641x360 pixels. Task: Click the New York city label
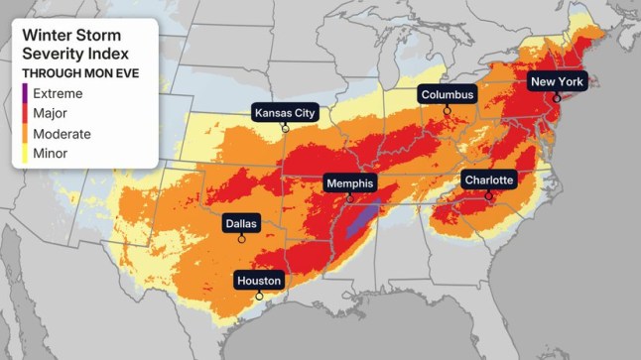click(x=557, y=81)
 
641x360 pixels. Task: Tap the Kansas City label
click(x=285, y=113)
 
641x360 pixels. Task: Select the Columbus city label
click(x=448, y=95)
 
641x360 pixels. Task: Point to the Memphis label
click(x=350, y=183)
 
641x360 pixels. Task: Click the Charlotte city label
click(x=488, y=180)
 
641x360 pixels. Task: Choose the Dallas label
click(x=241, y=224)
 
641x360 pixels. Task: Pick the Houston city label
click(x=260, y=281)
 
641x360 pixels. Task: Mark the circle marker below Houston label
click(x=260, y=296)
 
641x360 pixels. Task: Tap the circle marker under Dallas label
click(x=241, y=239)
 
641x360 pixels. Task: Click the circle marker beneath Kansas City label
click(x=285, y=128)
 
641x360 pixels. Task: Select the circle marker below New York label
click(x=557, y=97)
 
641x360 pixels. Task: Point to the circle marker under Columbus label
click(x=448, y=110)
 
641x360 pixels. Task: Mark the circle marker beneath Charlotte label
click(x=488, y=195)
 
